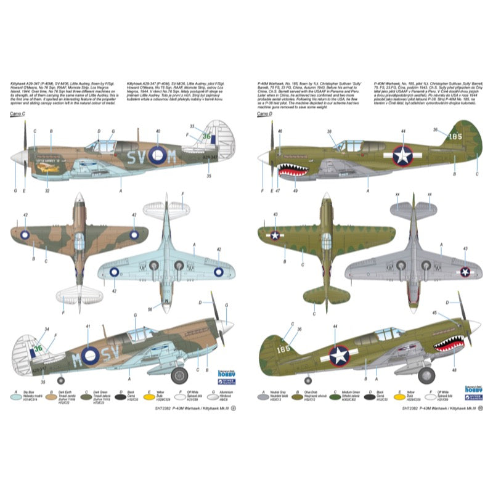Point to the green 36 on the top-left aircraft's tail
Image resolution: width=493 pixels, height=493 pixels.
tap(207, 137)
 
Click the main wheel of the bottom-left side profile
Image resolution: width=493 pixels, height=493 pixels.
tap(179, 374)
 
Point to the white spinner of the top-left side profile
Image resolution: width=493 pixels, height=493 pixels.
tap(20, 158)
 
